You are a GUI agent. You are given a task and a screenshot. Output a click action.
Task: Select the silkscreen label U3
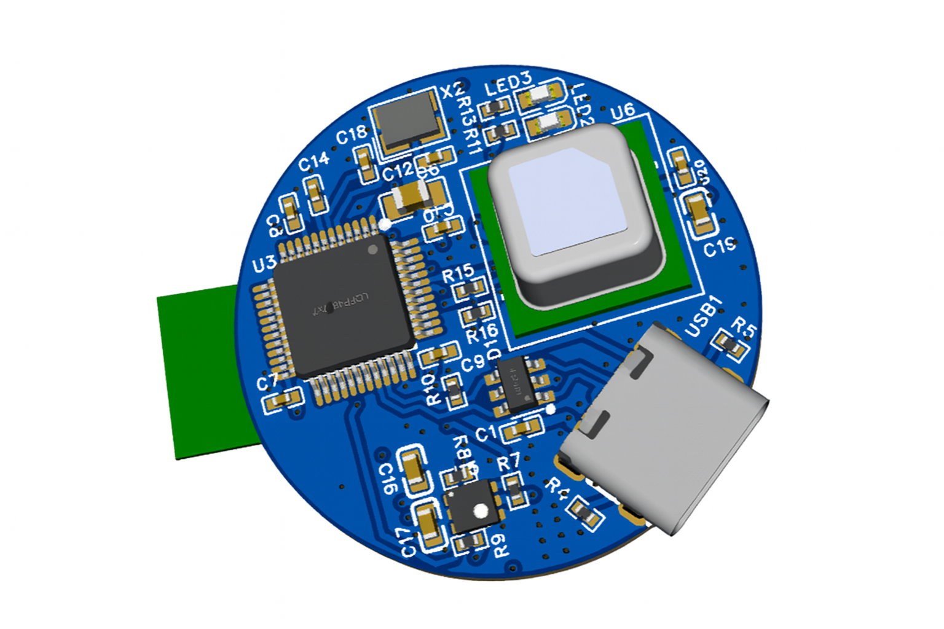coord(264,265)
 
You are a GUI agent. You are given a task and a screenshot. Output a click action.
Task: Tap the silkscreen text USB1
coord(704,316)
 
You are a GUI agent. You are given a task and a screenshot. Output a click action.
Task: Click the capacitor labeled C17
coord(429,526)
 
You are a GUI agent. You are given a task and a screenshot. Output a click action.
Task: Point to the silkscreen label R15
coord(458,273)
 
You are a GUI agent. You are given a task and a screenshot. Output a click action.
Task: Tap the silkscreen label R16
coord(481,334)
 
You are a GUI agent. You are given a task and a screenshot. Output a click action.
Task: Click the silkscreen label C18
coord(351,135)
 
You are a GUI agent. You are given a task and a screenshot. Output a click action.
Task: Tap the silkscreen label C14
coord(313,162)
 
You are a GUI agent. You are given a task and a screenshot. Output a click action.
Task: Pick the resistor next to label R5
coord(730,345)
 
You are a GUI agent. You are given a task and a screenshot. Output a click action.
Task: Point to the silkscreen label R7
coord(508,463)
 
